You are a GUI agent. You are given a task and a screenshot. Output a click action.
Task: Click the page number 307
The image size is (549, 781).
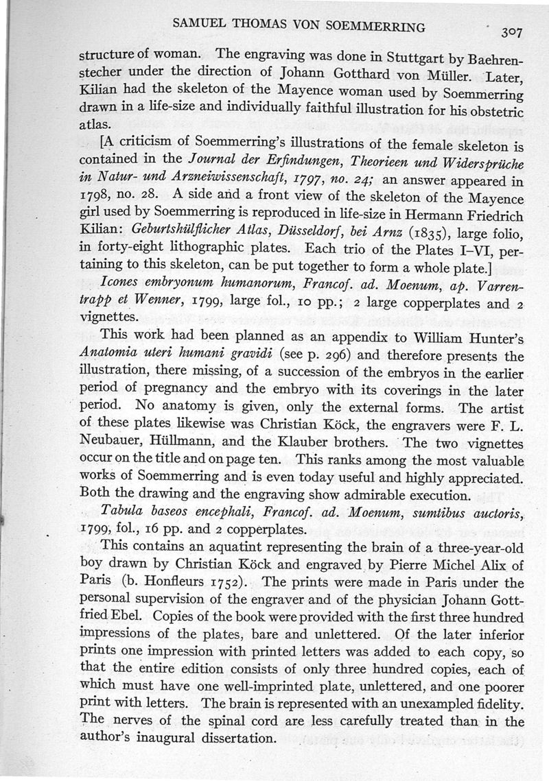click(x=513, y=32)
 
